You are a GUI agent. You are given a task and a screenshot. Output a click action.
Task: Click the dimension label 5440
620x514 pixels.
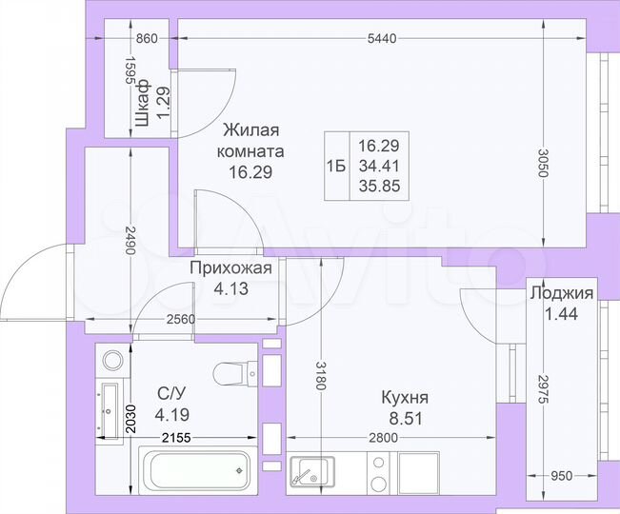(x=383, y=38)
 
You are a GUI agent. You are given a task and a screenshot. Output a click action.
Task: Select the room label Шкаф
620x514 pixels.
(x=142, y=104)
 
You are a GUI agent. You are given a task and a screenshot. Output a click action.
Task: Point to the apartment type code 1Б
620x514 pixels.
(x=335, y=166)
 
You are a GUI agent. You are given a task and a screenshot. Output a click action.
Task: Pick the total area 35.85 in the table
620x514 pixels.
(x=378, y=187)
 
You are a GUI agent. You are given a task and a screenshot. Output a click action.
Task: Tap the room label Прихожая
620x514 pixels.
(x=230, y=268)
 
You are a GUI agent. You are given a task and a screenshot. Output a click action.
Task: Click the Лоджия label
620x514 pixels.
(x=561, y=293)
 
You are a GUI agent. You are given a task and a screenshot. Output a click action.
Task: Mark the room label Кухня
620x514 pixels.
(x=405, y=398)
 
